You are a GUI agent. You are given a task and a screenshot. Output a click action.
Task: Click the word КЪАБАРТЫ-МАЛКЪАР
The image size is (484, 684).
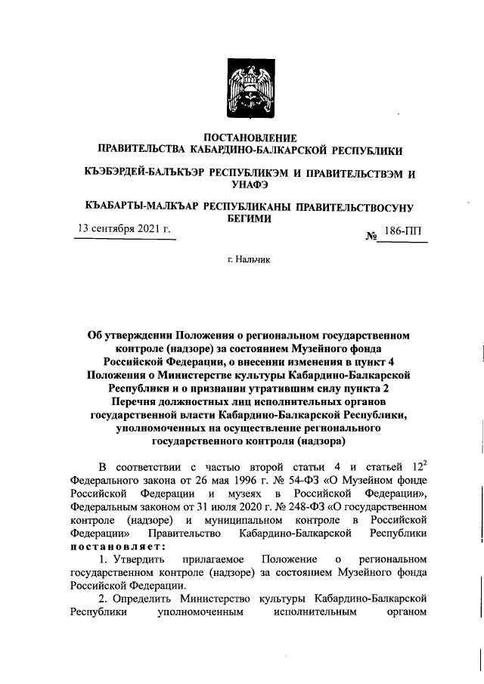pos(141,206)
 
